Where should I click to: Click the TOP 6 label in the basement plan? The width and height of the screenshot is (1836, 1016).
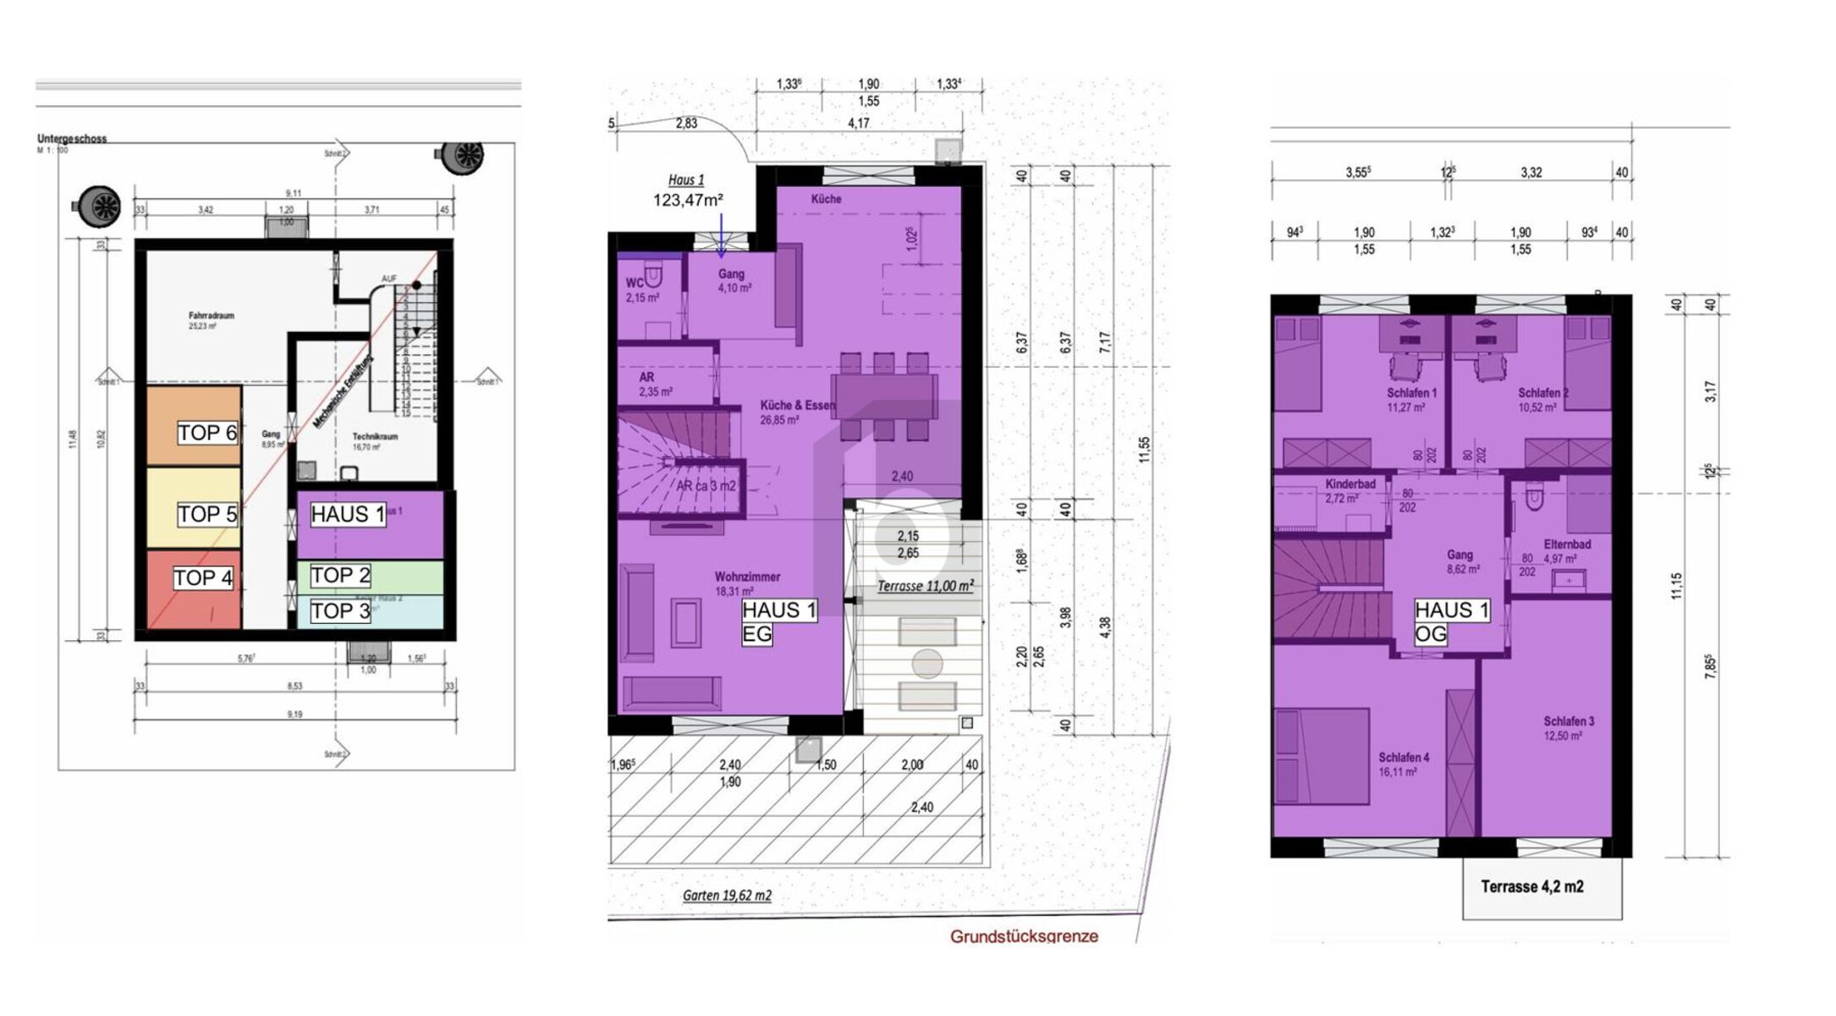207,433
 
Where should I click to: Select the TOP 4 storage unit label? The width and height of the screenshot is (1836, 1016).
203,578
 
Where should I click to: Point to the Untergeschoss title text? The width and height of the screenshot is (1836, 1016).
72,139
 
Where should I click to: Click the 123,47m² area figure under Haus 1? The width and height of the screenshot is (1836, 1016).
687,201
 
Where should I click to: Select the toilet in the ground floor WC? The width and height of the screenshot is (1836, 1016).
655,276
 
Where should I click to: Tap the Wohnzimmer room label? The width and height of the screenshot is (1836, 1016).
747,577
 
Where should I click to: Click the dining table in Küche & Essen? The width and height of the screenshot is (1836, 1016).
884,396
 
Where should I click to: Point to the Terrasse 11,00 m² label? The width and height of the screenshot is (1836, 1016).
925,586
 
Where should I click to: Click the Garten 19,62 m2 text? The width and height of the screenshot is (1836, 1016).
727,896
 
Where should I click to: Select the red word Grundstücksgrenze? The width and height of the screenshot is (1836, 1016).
1024,936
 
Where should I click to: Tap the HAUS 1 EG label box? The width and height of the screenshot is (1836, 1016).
778,621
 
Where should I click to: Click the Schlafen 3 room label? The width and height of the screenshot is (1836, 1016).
1569,722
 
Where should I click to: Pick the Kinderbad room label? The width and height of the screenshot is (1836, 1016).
1350,485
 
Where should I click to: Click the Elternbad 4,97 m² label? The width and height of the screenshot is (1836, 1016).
1567,551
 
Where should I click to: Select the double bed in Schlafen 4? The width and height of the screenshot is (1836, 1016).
1322,756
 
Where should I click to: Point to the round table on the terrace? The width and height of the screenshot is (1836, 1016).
927,664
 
